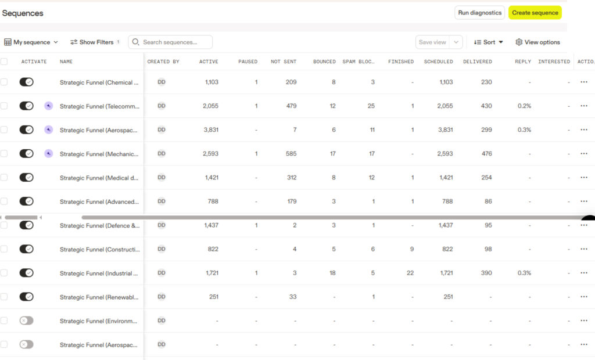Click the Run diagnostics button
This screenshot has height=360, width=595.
[479, 13]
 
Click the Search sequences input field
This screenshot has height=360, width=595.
[170, 42]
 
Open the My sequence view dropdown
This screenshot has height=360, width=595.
[31, 42]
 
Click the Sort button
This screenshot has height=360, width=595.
[488, 42]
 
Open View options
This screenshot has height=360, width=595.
[537, 42]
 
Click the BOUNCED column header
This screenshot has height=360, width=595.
[324, 62]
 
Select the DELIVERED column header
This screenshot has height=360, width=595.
[478, 62]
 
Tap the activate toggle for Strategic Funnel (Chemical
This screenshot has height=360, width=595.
[27, 82]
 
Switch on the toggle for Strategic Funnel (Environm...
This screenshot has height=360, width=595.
[27, 321]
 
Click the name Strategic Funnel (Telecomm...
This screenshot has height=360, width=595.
[99, 106]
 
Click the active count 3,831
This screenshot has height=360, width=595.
[211, 129]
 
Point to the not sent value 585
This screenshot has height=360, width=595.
[291, 154]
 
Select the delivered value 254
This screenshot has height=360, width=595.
[486, 178]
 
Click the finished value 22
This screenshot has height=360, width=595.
[410, 273]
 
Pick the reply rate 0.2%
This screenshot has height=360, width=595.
[524, 106]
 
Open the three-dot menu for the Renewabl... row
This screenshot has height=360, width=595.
[583, 297]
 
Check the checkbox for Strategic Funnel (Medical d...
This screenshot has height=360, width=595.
[4, 178]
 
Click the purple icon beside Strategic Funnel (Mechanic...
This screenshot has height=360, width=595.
[49, 154]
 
